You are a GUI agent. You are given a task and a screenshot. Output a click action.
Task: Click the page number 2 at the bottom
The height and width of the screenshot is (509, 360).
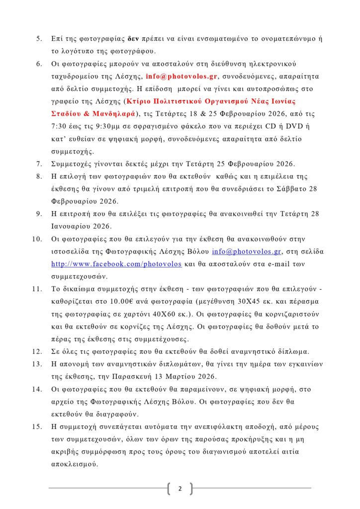point(180,489)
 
